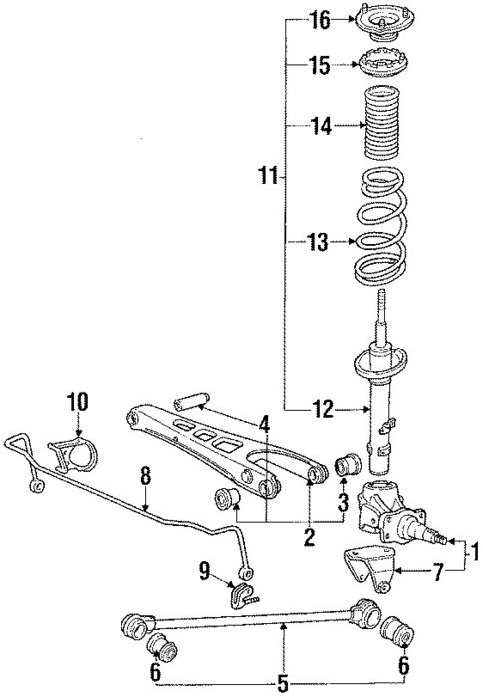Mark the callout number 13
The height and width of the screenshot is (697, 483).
tap(317, 241)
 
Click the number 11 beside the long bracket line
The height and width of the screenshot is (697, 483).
tap(266, 177)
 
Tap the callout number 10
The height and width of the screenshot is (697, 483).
tap(78, 401)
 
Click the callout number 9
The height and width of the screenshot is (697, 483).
tap(204, 571)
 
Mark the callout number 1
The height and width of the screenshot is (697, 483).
tap(474, 550)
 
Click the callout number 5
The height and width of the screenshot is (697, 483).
tap(284, 683)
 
